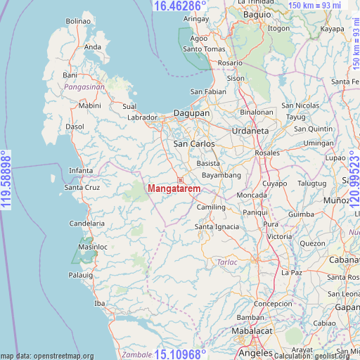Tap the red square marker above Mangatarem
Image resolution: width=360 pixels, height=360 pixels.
[180, 180]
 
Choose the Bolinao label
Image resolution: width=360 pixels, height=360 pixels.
[78, 22]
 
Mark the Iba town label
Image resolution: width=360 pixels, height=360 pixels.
[99, 303]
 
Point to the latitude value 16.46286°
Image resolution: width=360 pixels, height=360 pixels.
[179, 6]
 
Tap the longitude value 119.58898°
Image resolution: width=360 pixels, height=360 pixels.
[6, 180]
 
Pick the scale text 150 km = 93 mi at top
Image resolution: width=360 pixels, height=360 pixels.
[316, 6]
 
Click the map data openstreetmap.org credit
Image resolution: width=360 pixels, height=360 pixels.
[47, 356]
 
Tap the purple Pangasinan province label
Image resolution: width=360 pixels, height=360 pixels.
[84, 86]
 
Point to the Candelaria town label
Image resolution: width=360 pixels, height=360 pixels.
[86, 223]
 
